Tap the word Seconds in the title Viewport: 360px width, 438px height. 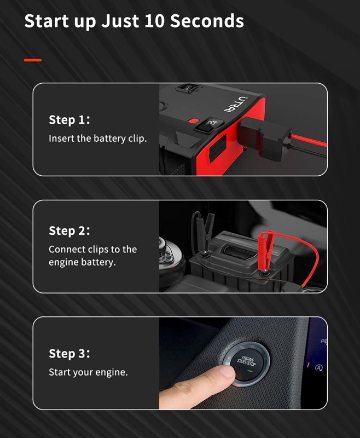[x=207, y=21]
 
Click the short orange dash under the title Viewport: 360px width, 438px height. [x=33, y=60]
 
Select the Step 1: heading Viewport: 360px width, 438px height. [x=69, y=120]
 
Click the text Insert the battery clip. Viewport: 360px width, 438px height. [x=98, y=139]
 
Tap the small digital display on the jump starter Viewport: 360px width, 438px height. [x=209, y=125]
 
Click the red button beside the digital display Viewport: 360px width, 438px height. [x=193, y=120]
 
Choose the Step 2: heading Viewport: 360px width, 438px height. [x=69, y=230]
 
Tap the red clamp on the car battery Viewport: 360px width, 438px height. [x=265, y=251]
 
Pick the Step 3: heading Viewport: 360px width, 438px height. [x=69, y=353]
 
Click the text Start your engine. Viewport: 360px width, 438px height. [x=88, y=372]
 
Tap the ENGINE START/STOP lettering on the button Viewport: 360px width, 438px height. [x=246, y=360]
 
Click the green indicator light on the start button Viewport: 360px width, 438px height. [x=250, y=371]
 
